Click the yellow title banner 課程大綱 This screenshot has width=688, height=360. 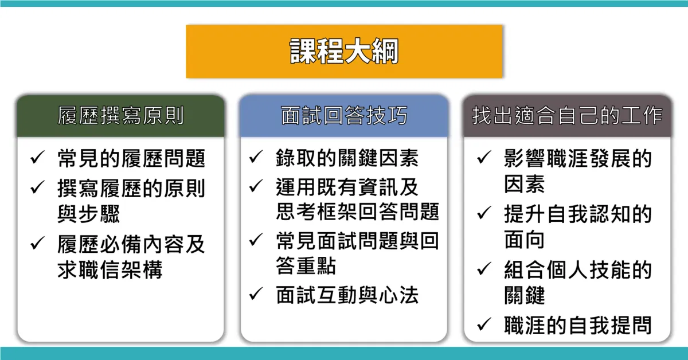tap(344, 51)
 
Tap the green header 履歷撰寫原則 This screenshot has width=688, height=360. tap(120, 116)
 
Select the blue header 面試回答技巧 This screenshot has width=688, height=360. tap(344, 116)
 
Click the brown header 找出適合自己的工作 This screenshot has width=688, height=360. tap(567, 116)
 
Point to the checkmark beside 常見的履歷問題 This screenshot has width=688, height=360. tap(37, 158)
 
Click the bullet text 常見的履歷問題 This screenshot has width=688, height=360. tap(131, 158)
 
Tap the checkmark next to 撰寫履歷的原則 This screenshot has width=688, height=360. tap(37, 187)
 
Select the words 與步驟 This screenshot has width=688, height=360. tap(88, 214)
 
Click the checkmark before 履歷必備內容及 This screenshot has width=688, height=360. tap(37, 243)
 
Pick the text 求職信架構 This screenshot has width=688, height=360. tap(110, 269)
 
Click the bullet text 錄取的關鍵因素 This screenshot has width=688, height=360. tap(347, 158)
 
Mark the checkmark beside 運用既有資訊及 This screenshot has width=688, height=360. tap(256, 186)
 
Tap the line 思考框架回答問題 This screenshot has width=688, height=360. tap(358, 212)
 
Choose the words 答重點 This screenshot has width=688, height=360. tap(306, 265)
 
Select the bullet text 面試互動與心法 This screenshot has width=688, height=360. tap(347, 295)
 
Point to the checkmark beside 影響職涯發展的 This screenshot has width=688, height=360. tap(484, 157)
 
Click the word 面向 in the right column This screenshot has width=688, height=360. tap(524, 240)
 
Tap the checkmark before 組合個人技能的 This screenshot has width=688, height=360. tap(484, 268)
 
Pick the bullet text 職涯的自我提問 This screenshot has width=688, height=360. tap(578, 325)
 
